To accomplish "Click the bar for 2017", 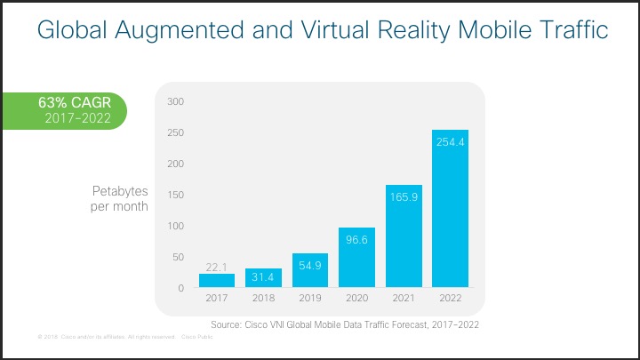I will click(x=217, y=280).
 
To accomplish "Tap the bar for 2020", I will click(x=356, y=258).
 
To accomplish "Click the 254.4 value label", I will click(x=450, y=141).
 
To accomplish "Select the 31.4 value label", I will click(x=263, y=278).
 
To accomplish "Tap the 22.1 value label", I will click(x=217, y=267).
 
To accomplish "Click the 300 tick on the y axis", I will click(x=175, y=101).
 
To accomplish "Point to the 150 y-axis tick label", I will click(x=175, y=195).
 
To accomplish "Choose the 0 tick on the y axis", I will click(x=180, y=288).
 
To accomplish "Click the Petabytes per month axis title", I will click(x=120, y=199).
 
